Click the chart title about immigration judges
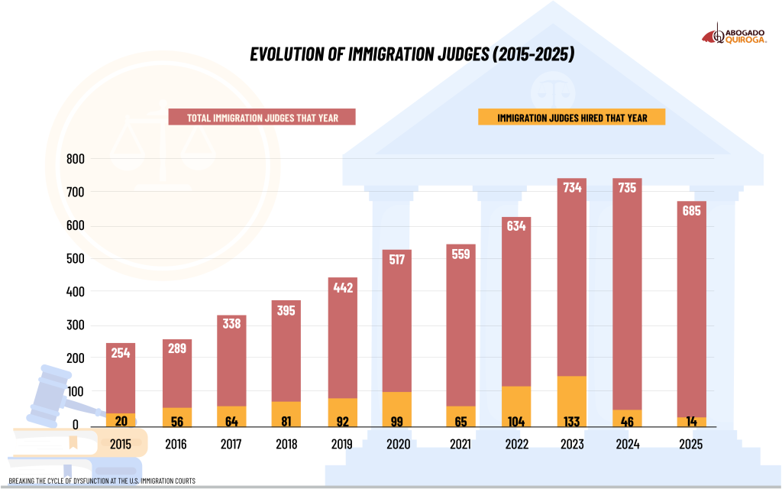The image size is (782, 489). [x=412, y=55]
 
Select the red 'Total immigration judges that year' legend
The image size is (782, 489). [x=263, y=118]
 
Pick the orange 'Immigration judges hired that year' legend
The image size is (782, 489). [x=571, y=118]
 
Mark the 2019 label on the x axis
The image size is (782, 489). [x=342, y=445]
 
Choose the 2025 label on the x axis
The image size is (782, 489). [x=690, y=445]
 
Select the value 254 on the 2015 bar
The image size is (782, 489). [x=120, y=354]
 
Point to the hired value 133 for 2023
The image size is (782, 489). [x=572, y=421]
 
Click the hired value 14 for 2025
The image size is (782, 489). [x=691, y=421]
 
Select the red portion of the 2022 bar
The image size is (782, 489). [x=516, y=306]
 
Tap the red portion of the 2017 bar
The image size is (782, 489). [x=231, y=367]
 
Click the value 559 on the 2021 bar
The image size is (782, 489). [x=460, y=255]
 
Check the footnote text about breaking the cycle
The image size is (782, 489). [x=102, y=481]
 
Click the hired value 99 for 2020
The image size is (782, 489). [x=397, y=421]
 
